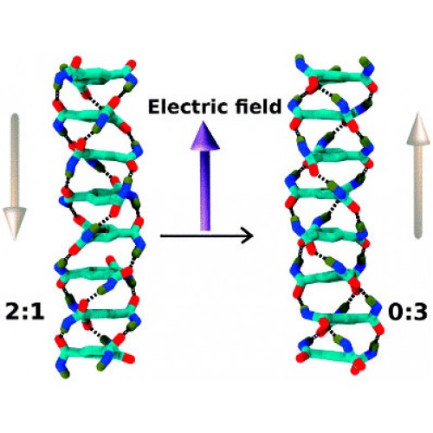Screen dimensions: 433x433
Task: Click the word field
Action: tap(258, 106)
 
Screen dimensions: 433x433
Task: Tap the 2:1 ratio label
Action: tap(25, 312)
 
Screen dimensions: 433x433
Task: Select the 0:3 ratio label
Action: tap(408, 312)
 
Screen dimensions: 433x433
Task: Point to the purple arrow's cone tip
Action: tap(204, 122)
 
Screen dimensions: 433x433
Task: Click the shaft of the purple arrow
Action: tap(205, 191)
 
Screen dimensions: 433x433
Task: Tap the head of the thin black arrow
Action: tap(248, 236)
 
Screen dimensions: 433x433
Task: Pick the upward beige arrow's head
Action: tap(418, 128)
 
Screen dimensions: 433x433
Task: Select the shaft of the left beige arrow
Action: tap(15, 161)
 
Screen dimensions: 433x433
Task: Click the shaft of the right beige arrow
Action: tap(418, 191)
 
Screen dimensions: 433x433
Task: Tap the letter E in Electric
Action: tap(154, 107)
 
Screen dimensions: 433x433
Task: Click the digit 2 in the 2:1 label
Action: tap(13, 312)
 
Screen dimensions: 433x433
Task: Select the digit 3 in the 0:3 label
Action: tap(419, 313)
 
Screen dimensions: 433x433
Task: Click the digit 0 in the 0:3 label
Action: tap(397, 313)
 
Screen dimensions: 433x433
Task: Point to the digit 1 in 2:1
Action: tap(38, 312)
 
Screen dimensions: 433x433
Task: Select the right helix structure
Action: tap(335, 215)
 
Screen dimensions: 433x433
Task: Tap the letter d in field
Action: tap(275, 107)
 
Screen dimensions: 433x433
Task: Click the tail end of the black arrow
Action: tap(161, 236)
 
